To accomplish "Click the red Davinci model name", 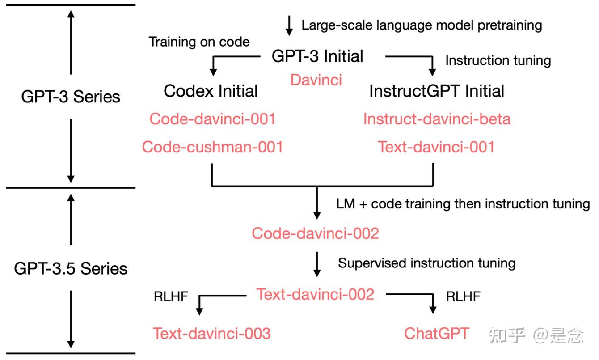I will coord(316,80).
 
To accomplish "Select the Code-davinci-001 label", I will coord(212,119).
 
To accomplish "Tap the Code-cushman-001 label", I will coord(212,147).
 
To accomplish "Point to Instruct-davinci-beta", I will coord(437,119).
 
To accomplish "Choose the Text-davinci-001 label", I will coord(436,147).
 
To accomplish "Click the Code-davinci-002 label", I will coord(315,233).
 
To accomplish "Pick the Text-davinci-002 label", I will coord(315,294).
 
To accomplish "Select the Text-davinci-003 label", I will coord(212,333).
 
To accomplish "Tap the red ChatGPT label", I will coord(437,333).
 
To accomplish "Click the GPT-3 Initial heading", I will coord(317,56).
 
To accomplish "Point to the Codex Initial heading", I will coord(211,91).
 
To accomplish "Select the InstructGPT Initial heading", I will coord(436,91).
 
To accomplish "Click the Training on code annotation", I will coord(199,42).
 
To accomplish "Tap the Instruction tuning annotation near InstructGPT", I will coord(498,60).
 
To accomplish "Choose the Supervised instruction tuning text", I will coord(426,263).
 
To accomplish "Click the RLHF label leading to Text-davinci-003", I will coord(171,296).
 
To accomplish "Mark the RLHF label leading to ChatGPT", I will coord(463,296).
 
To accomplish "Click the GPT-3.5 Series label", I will coord(71,268).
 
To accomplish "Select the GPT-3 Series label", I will coord(71,97).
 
